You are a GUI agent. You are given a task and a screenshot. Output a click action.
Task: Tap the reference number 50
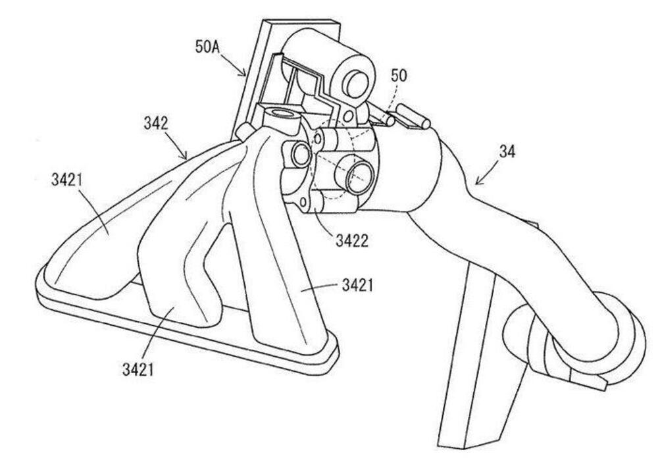point(399,76)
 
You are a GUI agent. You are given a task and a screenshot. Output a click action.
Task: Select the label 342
point(155,123)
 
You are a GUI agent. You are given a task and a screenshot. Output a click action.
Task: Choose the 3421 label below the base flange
point(138,369)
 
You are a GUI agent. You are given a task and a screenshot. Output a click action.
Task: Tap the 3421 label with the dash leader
point(357,285)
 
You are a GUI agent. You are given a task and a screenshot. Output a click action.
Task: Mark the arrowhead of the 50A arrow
point(246,76)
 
